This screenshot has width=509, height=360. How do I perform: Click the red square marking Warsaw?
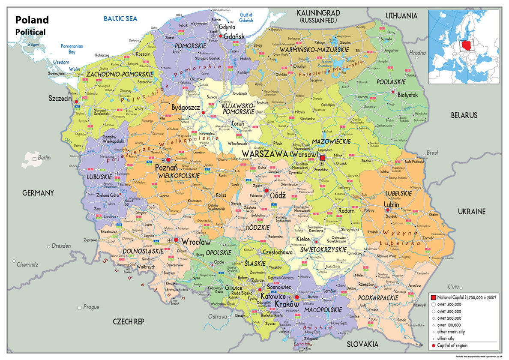pos(323,158)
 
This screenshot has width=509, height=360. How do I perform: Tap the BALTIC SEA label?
pos(120,18)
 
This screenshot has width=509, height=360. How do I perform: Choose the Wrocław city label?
pos(196,242)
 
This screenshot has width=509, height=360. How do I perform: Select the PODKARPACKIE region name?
pos(378,297)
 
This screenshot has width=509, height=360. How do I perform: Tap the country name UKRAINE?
pos(471,211)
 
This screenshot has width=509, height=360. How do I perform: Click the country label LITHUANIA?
pos(401,16)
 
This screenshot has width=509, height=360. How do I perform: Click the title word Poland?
pos(32,20)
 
